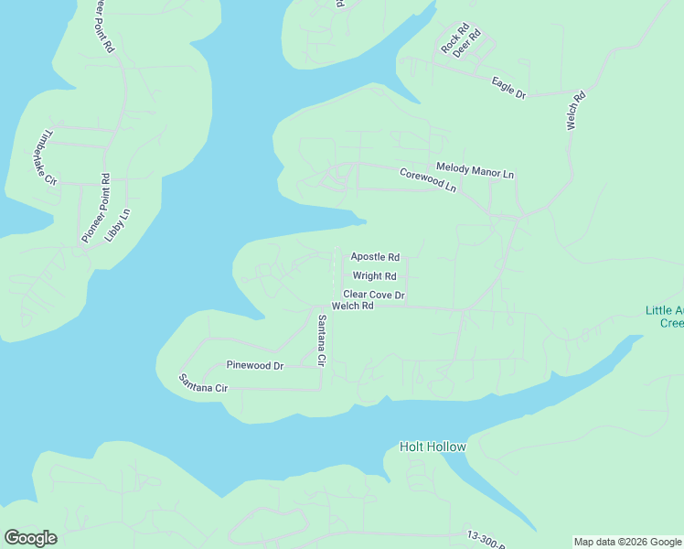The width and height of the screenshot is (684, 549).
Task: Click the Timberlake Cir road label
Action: (x=45, y=157)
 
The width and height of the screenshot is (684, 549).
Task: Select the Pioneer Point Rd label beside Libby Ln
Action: (x=95, y=208)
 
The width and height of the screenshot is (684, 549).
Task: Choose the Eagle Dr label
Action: (x=508, y=88)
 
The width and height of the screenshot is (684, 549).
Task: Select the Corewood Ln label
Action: (x=427, y=179)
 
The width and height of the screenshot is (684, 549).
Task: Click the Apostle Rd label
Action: (x=375, y=257)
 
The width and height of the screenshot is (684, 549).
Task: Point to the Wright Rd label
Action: (x=375, y=275)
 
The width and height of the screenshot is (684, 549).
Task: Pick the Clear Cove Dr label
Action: (x=373, y=295)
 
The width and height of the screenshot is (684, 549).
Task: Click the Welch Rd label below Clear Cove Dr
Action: (x=353, y=307)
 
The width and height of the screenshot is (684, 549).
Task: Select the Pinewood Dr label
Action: (x=255, y=365)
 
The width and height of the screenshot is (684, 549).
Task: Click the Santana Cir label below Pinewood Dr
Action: (x=202, y=383)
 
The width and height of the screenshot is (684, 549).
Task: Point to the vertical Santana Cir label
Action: (x=321, y=340)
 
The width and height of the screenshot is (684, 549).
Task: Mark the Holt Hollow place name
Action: (x=433, y=447)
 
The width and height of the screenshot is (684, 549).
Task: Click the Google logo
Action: (x=30, y=538)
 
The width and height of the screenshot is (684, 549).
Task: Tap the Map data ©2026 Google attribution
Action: (x=628, y=542)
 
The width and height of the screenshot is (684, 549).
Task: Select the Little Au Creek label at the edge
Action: (x=664, y=317)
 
